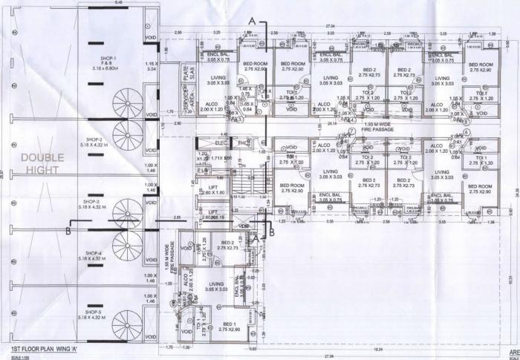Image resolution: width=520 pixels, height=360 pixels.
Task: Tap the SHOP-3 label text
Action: (91, 204)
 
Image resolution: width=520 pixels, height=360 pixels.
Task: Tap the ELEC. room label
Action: (220, 142)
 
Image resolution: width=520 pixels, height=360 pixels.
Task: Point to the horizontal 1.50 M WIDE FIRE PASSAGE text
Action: (379, 127)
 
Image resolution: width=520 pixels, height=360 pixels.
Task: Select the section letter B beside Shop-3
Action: (68, 232)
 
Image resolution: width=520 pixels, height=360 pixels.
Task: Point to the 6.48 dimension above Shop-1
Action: (97, 3)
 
